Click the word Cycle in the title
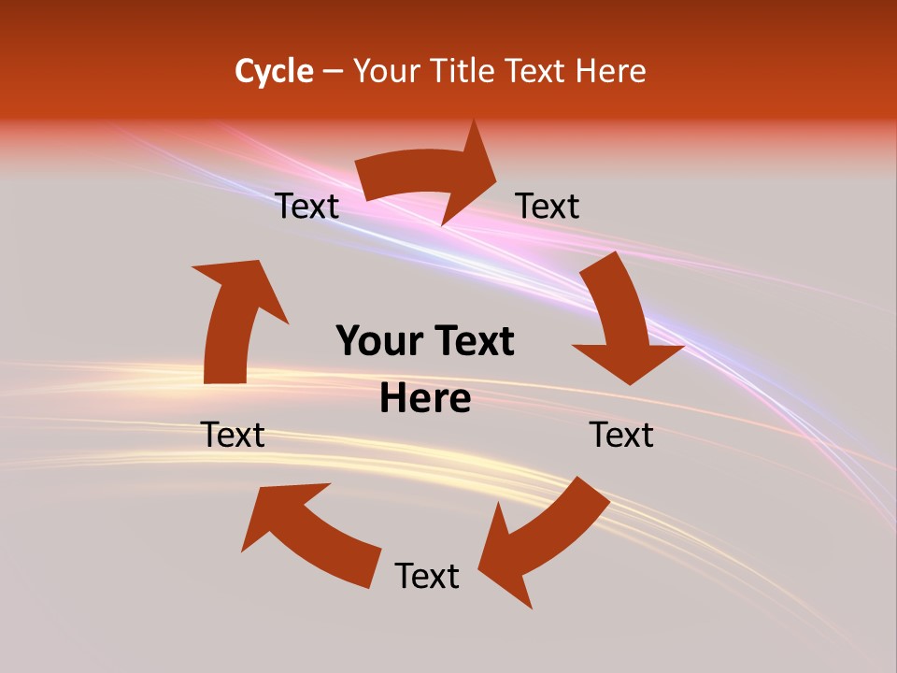274,71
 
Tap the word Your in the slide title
384,71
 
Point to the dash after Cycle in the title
333,72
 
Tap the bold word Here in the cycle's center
425,399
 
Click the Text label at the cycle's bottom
427,576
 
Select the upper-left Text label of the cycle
307,206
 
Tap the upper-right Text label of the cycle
548,206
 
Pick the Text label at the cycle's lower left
234,435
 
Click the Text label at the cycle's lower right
621,435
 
